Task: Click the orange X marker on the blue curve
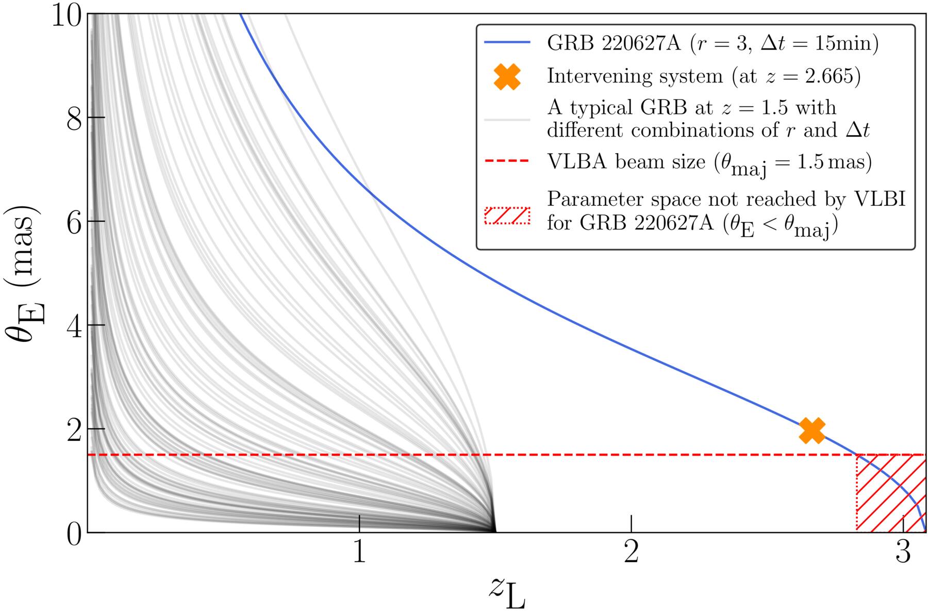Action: [812, 431]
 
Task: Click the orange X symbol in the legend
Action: [507, 76]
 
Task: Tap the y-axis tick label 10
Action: [67, 15]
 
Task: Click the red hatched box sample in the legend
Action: [507, 216]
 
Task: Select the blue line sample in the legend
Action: [507, 43]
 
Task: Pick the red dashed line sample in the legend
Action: [507, 161]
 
